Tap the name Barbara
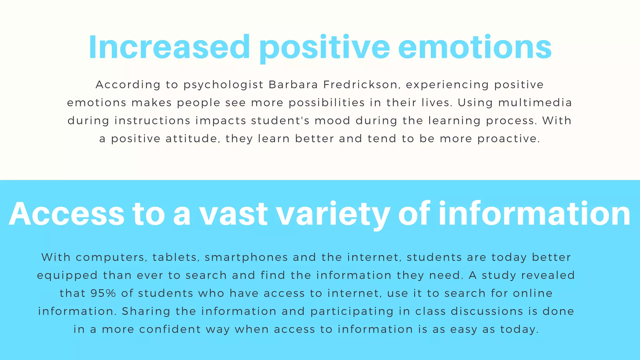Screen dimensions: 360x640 293,85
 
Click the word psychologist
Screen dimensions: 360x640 223,85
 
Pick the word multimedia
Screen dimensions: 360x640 535,103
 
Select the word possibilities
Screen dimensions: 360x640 327,103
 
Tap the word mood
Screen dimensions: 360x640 332,121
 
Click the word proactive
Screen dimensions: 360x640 508,139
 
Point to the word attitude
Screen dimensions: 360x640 192,139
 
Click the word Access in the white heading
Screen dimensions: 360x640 67,214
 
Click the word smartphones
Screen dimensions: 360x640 246,257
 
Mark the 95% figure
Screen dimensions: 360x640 103,293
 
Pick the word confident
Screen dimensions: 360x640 170,329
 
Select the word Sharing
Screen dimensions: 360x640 146,312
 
